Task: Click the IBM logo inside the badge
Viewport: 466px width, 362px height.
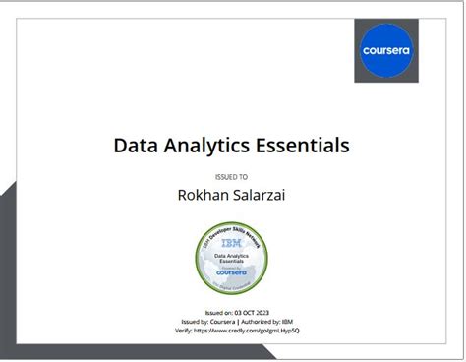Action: coord(231,241)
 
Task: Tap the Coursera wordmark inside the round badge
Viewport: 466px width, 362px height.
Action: coord(230,271)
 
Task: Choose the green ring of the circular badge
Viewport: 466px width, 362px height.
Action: coord(201,266)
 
